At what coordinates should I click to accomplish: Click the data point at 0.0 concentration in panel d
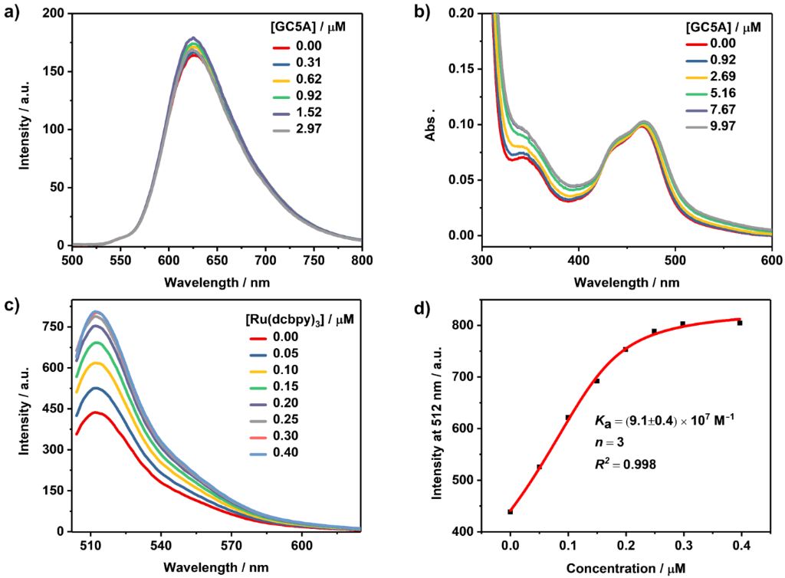(x=510, y=511)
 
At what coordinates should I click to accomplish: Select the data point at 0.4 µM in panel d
(x=740, y=323)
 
